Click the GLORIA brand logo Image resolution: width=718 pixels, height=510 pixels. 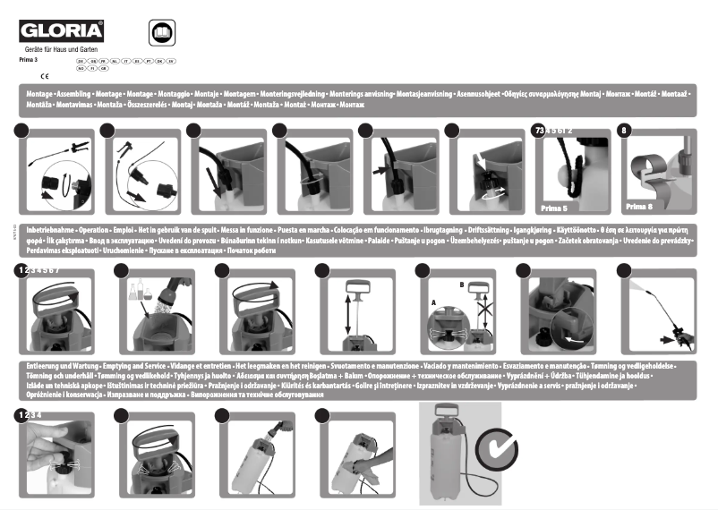point(62,32)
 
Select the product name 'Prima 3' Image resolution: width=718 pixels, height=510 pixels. point(29,59)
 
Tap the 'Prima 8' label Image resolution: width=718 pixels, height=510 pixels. point(637,206)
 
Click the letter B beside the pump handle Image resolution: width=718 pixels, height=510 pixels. point(462,285)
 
